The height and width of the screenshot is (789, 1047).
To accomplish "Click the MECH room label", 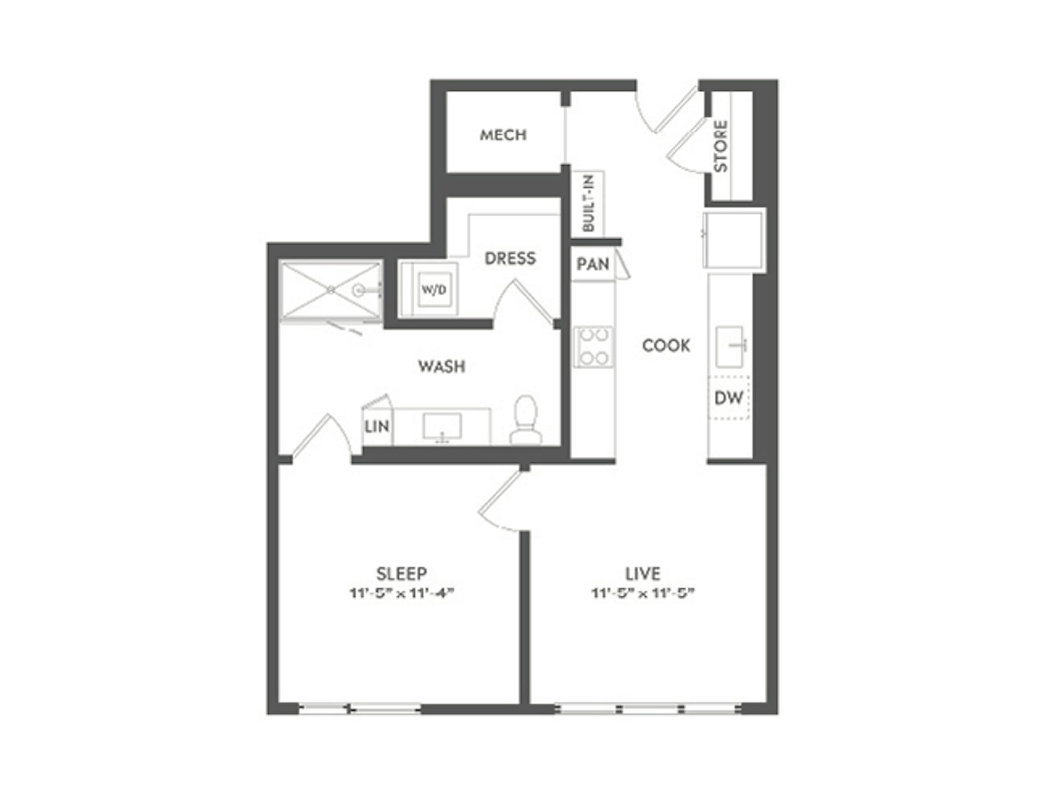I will (503, 135).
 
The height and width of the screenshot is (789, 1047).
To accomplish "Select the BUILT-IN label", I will (588, 203).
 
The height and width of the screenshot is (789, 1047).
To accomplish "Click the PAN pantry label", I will (592, 264).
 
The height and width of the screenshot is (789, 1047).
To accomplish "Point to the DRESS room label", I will (510, 258).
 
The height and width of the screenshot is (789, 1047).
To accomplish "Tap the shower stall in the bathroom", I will (331, 290).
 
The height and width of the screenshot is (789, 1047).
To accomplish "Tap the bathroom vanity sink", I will (442, 426).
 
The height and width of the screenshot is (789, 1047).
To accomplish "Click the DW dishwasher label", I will (729, 398).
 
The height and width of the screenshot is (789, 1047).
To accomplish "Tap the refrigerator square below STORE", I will (733, 241).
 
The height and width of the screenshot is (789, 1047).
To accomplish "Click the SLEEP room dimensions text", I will (402, 593).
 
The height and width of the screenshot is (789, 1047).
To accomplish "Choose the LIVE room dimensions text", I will (643, 593).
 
